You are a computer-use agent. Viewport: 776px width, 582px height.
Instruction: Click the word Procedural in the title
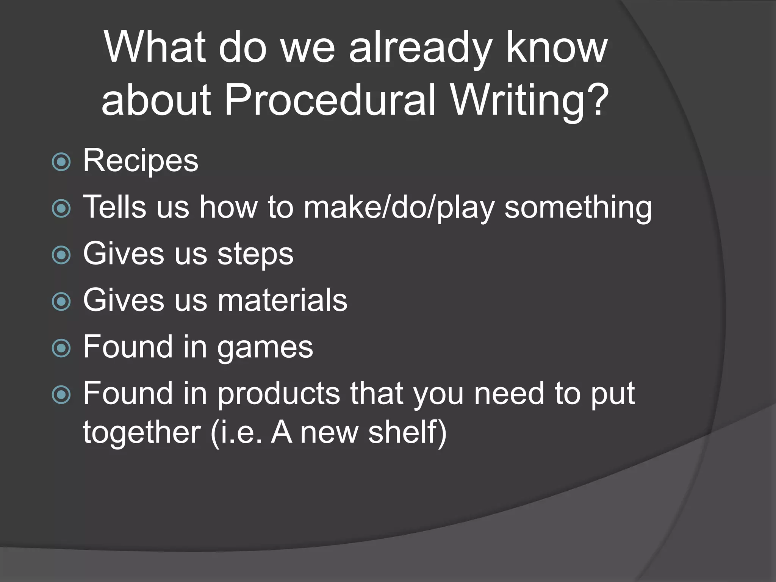330,99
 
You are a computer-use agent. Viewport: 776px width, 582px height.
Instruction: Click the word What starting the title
155,48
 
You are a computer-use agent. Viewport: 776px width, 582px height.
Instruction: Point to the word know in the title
557,48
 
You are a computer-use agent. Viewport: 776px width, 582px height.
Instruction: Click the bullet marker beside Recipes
61,162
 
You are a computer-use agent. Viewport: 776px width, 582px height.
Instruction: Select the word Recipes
141,161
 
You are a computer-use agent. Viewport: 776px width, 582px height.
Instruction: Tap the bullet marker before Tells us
61,208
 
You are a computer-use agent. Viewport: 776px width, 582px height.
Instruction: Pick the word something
578,208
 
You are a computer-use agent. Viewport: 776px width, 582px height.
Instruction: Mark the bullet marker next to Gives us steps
61,255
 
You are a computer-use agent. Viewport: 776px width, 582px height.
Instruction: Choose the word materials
282,300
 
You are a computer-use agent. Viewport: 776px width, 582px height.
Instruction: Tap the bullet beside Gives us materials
61,302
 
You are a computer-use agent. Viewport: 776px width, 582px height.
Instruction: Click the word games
265,347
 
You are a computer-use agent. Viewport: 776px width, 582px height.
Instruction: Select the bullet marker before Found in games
61,348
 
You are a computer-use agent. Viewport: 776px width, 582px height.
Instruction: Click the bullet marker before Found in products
61,395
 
